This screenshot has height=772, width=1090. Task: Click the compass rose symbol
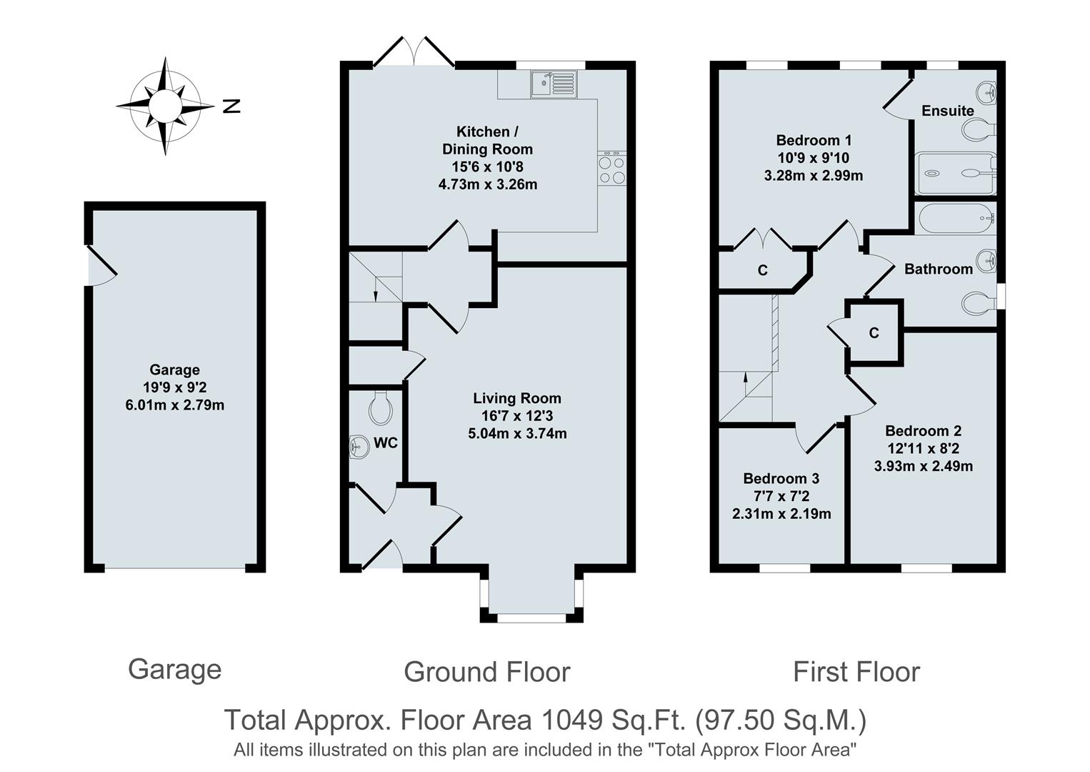coord(165,106)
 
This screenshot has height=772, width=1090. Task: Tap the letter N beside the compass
coord(231,107)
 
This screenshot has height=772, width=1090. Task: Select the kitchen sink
coord(553,84)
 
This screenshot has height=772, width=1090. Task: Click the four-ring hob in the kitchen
coord(611,169)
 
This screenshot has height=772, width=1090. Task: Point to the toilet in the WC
coord(381,410)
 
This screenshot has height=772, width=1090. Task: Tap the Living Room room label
coord(517,398)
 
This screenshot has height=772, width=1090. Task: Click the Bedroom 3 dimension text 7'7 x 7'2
coord(781,496)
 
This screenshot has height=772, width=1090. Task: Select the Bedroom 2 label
coord(923,430)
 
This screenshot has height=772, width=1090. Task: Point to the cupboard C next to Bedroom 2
coord(874,332)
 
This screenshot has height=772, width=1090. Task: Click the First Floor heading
coord(856,672)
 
